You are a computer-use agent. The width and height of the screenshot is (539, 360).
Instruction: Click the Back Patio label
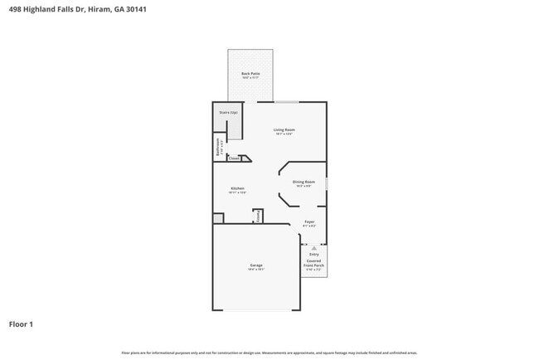[x=250, y=75]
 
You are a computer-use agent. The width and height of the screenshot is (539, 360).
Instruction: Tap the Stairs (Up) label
[x=228, y=112]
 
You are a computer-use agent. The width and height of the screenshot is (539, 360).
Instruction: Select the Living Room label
[x=284, y=130]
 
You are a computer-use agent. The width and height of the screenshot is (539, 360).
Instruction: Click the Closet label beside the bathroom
[x=235, y=158]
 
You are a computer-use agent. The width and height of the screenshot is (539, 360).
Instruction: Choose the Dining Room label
[x=303, y=182]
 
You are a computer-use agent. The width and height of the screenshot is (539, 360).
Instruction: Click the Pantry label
[x=258, y=216]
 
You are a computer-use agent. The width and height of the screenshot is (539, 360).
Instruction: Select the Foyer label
[x=308, y=223]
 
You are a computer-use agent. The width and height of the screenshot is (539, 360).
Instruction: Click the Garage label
[x=256, y=266]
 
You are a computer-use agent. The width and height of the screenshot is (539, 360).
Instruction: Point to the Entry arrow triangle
[x=313, y=247]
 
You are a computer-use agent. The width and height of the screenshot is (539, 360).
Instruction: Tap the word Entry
[x=313, y=255]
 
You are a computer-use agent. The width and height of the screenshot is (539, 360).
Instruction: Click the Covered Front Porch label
[x=314, y=264]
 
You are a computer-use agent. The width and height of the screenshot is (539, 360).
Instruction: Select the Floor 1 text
[x=21, y=324]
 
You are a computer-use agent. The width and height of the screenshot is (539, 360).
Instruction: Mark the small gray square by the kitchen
[x=218, y=218]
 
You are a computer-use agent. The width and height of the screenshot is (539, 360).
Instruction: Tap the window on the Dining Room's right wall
[x=327, y=182]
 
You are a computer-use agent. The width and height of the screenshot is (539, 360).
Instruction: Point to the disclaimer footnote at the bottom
[x=269, y=353]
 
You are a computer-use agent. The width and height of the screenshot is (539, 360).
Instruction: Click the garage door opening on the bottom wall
[x=256, y=310]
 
